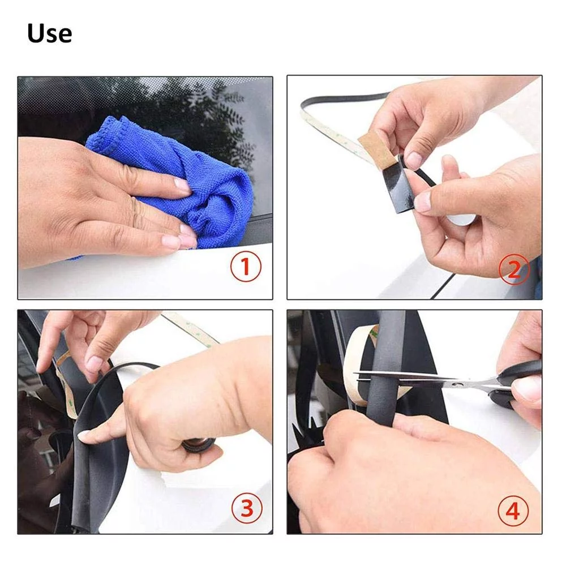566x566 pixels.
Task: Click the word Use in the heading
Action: pyautogui.click(x=49, y=33)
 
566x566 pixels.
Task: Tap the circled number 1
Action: pyautogui.click(x=246, y=267)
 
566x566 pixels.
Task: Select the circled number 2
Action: pyautogui.click(x=514, y=269)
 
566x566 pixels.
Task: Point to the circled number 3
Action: pyautogui.click(x=247, y=509)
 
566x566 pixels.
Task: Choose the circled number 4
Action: pyautogui.click(x=513, y=511)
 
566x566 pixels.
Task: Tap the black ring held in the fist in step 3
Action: pyautogui.click(x=198, y=444)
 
